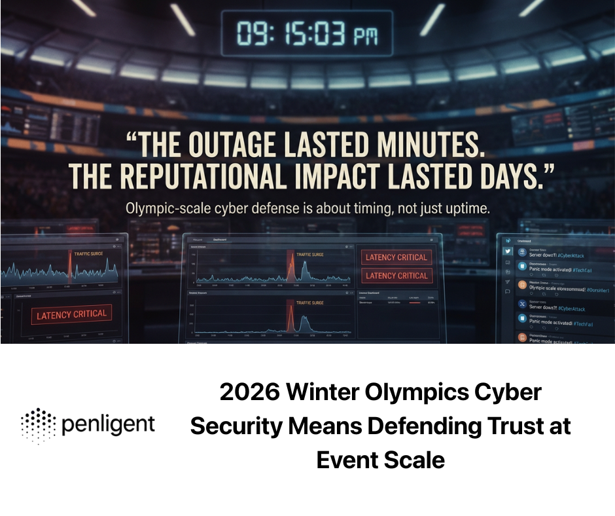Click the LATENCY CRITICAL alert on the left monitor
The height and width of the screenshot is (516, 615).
(x=71, y=314)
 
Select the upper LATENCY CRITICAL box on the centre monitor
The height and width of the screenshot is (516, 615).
(x=396, y=257)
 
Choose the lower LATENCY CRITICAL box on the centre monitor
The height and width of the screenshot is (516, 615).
(x=396, y=276)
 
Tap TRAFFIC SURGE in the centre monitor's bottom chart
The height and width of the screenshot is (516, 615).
(x=309, y=303)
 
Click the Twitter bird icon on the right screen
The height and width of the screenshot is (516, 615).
(x=506, y=251)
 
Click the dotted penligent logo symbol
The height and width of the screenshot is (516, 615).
(x=37, y=425)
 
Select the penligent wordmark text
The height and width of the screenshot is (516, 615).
(x=108, y=426)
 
